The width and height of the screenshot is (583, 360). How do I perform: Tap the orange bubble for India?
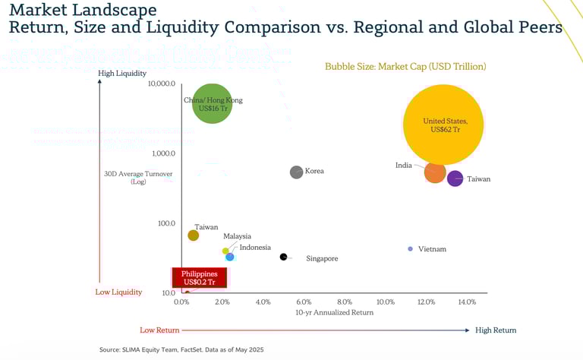point(435,172)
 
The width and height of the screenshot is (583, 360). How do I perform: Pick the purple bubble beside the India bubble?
point(455,178)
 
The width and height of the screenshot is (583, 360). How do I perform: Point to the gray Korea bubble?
point(297,172)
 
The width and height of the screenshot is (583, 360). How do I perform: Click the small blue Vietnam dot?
point(411,248)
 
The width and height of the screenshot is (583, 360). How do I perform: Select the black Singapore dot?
point(283,257)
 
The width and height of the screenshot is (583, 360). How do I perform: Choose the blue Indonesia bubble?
point(229,257)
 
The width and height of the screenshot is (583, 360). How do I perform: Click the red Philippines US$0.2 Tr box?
point(199,278)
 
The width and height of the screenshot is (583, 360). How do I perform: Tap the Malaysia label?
point(237,236)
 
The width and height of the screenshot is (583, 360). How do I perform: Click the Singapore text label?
point(322,259)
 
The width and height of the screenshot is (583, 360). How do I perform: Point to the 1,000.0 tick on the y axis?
point(163,153)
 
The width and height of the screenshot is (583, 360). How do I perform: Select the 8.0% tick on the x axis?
point(345,302)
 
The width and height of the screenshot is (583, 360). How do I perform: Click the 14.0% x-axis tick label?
point(466,302)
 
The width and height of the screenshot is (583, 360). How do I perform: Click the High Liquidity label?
point(121,73)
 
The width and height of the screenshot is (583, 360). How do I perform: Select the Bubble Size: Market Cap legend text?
point(405,67)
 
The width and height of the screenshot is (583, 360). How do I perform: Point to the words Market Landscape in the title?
point(83,10)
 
